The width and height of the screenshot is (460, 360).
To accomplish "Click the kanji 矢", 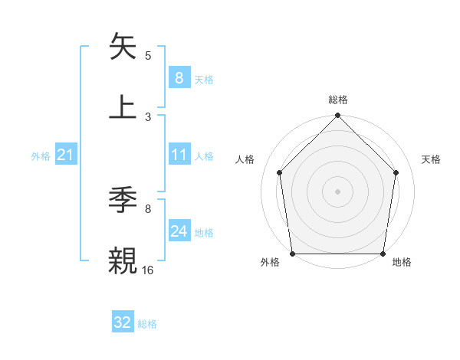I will coord(124,47).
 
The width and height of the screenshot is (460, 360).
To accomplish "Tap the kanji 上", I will coord(124,106).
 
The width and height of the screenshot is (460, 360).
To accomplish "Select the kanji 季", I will coord(124,201).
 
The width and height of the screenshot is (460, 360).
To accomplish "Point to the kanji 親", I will coord(124,260).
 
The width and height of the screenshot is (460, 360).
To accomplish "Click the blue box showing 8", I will coord(179,78).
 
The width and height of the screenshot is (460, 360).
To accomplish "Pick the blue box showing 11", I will coord(179,155).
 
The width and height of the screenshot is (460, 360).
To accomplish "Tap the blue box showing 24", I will coord(179,232).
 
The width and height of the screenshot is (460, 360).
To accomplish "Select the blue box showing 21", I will coord(65,155).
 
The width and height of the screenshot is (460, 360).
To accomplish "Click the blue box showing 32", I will coord(123,322).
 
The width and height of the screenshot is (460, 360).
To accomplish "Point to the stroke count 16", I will coord(148,269).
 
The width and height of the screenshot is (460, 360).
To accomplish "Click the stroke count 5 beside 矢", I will coord(148,56).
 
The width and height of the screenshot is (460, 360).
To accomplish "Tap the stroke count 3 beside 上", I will coord(148,116).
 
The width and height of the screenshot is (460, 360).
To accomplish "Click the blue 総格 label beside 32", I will coord(147,324).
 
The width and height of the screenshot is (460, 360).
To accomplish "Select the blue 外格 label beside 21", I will coord(41,156).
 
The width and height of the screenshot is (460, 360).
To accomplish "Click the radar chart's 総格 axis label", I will coord(338,100).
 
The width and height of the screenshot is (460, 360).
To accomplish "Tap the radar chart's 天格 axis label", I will coord(432,159).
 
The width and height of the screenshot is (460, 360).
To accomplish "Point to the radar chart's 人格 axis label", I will coord(245,159).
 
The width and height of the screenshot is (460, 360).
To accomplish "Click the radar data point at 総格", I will coord(338,116).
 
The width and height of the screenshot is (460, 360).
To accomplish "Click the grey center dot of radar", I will coord(338,191).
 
